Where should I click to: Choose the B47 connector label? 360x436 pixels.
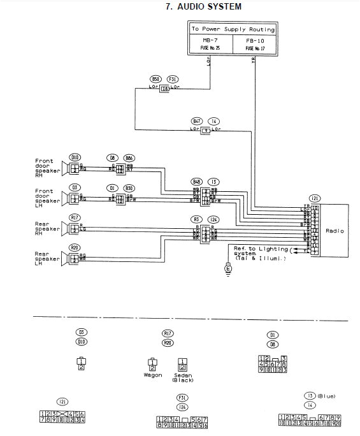(x=197, y=120)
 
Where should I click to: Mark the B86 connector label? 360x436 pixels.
(x=129, y=157)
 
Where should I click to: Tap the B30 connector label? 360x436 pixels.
(x=129, y=188)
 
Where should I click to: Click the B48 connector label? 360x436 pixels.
(x=197, y=182)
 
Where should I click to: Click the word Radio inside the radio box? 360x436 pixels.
(x=333, y=231)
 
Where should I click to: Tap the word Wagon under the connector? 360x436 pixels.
(x=152, y=375)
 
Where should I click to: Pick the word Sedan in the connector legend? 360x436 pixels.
(x=182, y=375)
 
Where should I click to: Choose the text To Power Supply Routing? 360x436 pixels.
(x=233, y=29)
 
